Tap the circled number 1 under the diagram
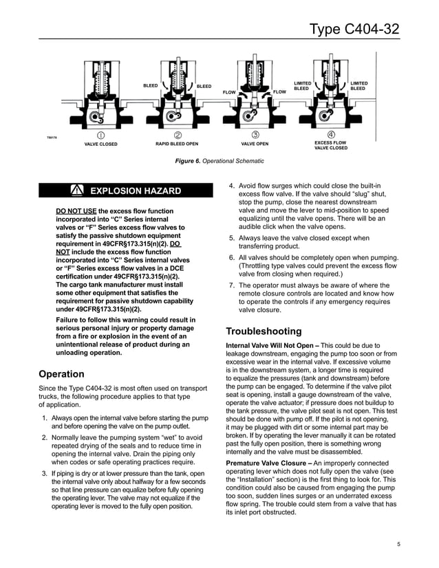(100, 135)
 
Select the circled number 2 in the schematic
(178, 135)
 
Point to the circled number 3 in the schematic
(255, 135)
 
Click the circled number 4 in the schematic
(331, 135)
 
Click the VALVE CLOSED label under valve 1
(100, 144)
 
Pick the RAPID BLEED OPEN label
(177, 144)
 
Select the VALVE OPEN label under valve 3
(255, 144)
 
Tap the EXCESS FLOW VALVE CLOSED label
(331, 146)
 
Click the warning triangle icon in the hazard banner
(76, 190)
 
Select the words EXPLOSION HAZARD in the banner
(136, 190)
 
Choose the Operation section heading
(62, 374)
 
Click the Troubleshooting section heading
(264, 331)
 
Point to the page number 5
(398, 545)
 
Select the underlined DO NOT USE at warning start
(76, 210)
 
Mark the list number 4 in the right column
(232, 186)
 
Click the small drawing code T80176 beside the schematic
(50, 138)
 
